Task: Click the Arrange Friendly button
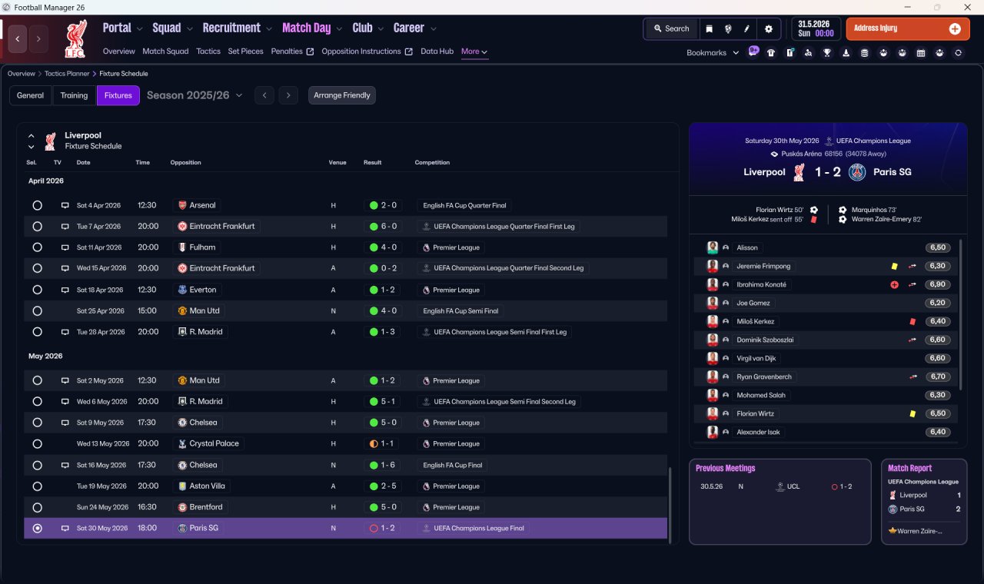click(342, 95)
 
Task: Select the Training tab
click(74, 95)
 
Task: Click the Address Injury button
click(908, 28)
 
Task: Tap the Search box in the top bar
click(671, 28)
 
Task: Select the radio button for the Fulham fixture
click(38, 247)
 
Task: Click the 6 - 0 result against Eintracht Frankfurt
click(383, 226)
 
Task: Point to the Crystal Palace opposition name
click(214, 443)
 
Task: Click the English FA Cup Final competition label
click(453, 465)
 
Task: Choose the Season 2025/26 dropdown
click(194, 95)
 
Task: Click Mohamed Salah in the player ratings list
click(761, 395)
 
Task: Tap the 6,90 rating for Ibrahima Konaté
click(937, 284)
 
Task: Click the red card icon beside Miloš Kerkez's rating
click(913, 321)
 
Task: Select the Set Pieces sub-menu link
click(245, 51)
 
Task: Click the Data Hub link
click(437, 51)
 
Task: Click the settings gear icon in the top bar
click(768, 29)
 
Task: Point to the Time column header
click(142, 162)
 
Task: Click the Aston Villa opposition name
click(207, 486)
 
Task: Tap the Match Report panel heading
click(909, 468)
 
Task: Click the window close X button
click(967, 7)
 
